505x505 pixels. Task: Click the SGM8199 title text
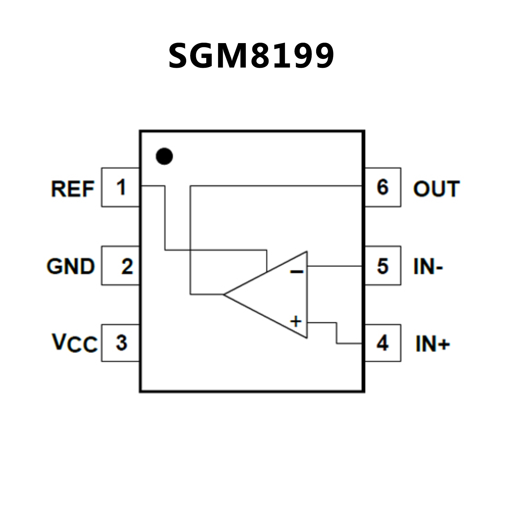pyautogui.click(x=251, y=56)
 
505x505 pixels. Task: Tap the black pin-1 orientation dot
pyautogui.click(x=164, y=156)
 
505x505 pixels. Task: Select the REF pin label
pyautogui.click(x=73, y=189)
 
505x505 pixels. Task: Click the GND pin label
pyautogui.click(x=71, y=266)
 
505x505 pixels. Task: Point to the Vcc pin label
pyautogui.click(x=75, y=343)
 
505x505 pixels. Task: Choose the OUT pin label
pyautogui.click(x=436, y=189)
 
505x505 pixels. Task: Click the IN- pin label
pyautogui.click(x=428, y=266)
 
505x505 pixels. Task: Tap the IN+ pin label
pyautogui.click(x=432, y=344)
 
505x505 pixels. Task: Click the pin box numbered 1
pyautogui.click(x=120, y=187)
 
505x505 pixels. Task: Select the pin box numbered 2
pyautogui.click(x=120, y=265)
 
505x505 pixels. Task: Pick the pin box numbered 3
pyautogui.click(x=120, y=343)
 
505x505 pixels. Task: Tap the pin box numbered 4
pyautogui.click(x=383, y=343)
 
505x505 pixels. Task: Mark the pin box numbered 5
pyautogui.click(x=383, y=265)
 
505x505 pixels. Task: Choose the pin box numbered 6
pyautogui.click(x=383, y=187)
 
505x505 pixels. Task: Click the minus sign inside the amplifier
pyautogui.click(x=296, y=271)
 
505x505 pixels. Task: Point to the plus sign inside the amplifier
pyautogui.click(x=296, y=321)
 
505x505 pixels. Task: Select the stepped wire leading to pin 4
pyautogui.click(x=336, y=333)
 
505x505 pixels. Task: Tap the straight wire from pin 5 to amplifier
pyautogui.click(x=334, y=266)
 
